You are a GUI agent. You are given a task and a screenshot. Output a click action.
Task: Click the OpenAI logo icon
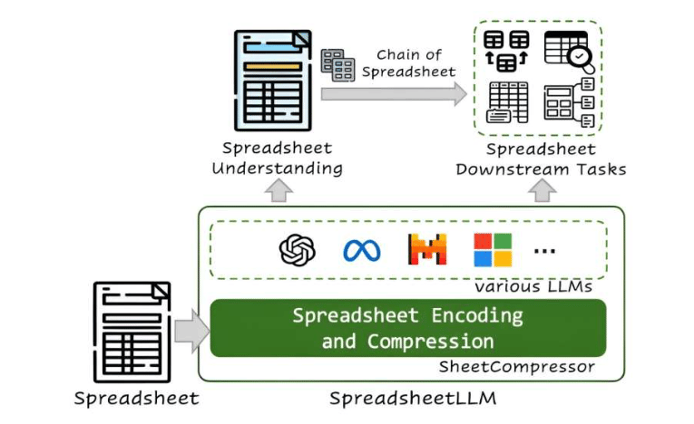tap(297, 250)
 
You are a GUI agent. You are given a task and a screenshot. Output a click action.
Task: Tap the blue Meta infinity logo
tap(362, 251)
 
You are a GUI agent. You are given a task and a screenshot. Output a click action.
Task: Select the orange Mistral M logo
tap(427, 249)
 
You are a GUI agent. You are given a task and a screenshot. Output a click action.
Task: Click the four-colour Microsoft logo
tap(493, 250)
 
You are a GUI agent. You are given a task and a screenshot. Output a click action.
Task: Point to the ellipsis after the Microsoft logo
tap(544, 251)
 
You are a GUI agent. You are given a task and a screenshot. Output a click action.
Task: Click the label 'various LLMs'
tap(533, 286)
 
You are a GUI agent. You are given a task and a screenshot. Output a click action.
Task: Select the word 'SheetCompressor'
tap(516, 367)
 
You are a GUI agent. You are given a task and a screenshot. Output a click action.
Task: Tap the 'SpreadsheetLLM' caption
tap(413, 398)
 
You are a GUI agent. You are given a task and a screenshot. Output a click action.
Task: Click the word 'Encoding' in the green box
tap(477, 315)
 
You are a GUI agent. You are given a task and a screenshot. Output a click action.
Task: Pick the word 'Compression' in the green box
tap(430, 342)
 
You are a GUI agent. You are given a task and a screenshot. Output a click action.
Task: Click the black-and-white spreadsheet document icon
tap(132, 332)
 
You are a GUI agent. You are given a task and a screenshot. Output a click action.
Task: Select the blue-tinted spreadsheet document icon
tap(273, 81)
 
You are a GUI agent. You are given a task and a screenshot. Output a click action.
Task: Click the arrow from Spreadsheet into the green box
tap(192, 332)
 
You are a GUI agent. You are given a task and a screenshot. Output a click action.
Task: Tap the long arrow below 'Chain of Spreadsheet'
tap(394, 93)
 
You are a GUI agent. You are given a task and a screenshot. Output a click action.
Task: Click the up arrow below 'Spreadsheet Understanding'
tap(279, 190)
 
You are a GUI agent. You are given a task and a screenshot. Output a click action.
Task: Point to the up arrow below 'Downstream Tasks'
tap(542, 190)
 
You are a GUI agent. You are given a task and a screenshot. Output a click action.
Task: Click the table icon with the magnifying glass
tap(569, 52)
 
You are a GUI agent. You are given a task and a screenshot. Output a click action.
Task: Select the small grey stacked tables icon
tap(337, 65)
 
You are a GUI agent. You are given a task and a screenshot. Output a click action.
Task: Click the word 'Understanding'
tap(277, 169)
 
